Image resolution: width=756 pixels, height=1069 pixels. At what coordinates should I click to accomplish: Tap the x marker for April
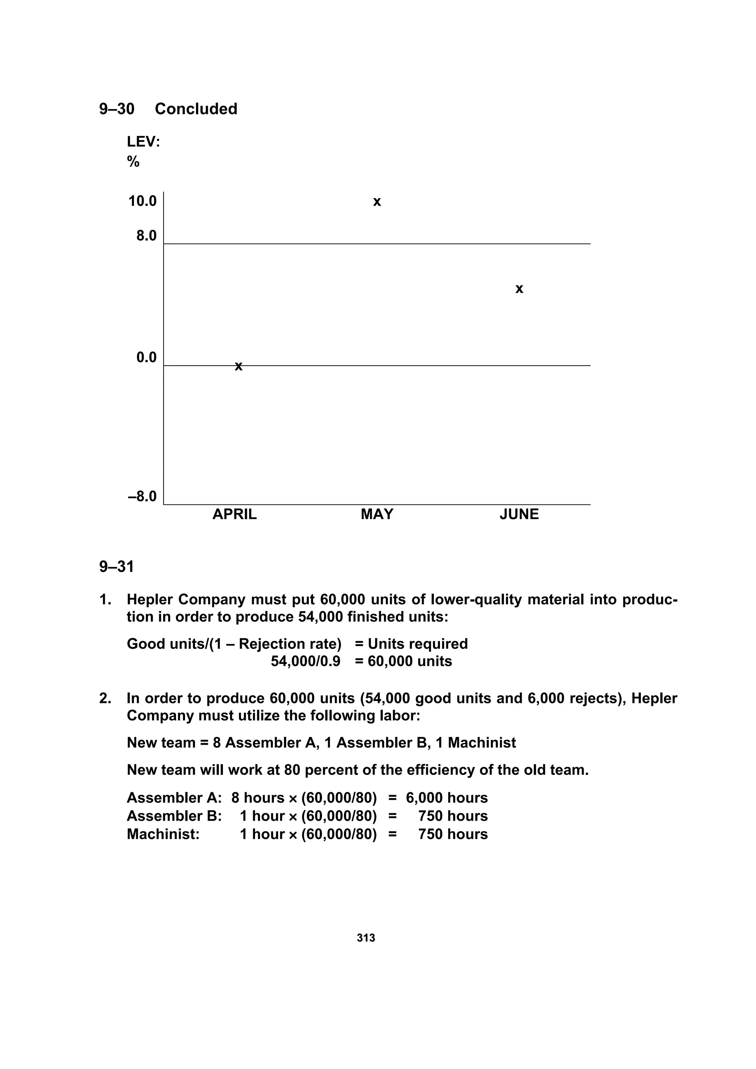click(238, 367)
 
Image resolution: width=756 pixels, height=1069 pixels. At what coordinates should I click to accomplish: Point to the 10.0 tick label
click(142, 201)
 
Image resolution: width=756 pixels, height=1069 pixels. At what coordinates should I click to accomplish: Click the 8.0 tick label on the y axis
click(146, 236)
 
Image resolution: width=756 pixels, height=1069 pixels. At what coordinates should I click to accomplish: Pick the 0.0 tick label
click(146, 358)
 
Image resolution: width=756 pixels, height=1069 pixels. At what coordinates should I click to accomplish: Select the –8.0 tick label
click(142, 496)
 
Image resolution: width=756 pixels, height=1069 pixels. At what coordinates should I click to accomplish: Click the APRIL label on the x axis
click(234, 514)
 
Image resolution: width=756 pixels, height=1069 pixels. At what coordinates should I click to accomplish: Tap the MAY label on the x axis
click(377, 514)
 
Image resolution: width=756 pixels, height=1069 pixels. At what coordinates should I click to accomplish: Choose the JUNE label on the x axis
click(519, 514)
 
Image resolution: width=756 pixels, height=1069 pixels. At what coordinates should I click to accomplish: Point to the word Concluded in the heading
click(196, 109)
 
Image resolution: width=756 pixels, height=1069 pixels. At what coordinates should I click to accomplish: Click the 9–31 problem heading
click(116, 567)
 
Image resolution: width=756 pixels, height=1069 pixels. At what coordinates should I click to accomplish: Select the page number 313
click(366, 938)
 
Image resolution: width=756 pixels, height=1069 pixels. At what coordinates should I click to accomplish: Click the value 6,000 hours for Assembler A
click(446, 798)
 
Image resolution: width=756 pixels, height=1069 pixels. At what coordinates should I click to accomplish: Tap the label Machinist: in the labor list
click(163, 834)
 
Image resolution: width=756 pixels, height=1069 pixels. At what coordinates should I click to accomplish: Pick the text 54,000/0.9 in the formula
click(306, 661)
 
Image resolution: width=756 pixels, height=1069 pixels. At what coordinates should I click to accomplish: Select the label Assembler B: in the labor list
click(174, 816)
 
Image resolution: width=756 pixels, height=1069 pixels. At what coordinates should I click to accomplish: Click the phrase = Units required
click(411, 644)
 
